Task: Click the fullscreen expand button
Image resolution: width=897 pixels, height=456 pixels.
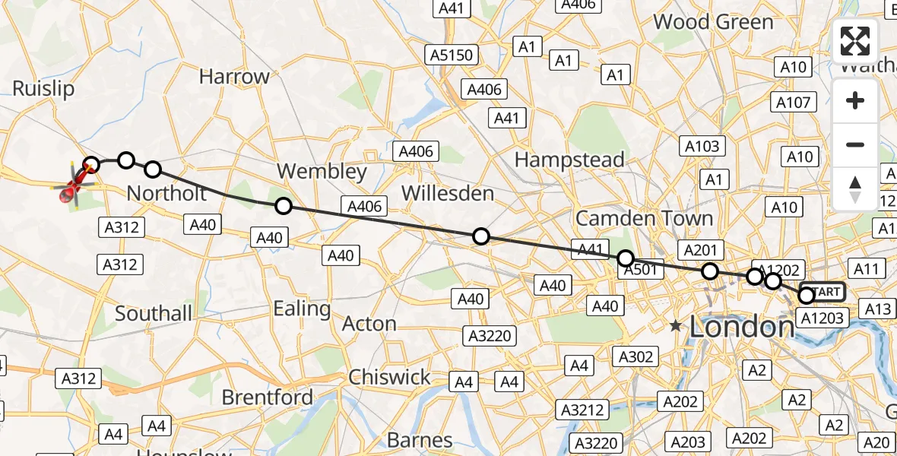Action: point(855,41)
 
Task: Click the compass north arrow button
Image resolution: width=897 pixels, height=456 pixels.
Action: point(855,189)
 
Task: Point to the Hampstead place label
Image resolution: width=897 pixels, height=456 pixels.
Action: point(569,160)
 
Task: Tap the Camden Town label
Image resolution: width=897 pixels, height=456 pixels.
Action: point(645,219)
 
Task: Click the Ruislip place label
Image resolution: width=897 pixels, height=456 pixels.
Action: point(43,89)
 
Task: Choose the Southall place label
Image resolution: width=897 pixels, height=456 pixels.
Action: point(154,313)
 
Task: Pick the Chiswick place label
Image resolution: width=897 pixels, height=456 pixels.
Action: point(389,377)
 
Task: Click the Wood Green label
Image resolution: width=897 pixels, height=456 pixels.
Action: point(713,21)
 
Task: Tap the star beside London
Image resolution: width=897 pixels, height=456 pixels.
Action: point(676,326)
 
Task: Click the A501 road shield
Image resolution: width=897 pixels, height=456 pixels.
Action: point(639,269)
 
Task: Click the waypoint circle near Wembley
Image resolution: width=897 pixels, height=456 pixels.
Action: point(283,205)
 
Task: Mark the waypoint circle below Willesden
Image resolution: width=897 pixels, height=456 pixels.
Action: point(480,236)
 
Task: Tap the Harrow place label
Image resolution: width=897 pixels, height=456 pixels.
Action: point(234,77)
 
